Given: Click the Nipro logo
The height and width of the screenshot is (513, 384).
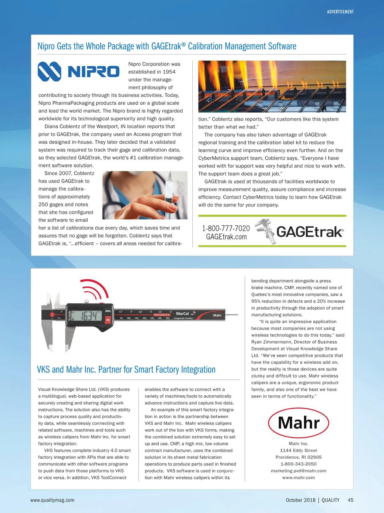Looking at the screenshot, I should pyautogui.click(x=78, y=71).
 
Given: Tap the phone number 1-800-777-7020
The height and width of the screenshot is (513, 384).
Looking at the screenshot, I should pyautogui.click(x=226, y=228).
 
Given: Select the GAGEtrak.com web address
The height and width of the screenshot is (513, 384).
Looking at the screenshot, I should pyautogui.click(x=226, y=237).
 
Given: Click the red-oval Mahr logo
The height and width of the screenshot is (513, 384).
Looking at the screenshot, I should pyautogui.click(x=298, y=423).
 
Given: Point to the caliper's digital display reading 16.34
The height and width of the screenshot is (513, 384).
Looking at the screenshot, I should pyautogui.click(x=88, y=316).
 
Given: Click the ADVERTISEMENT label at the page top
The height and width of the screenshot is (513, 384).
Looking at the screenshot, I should pyautogui.click(x=340, y=12).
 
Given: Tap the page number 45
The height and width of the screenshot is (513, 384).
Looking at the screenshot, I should pyautogui.click(x=350, y=500).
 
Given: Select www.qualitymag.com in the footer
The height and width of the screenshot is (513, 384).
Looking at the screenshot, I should pyautogui.click(x=52, y=500).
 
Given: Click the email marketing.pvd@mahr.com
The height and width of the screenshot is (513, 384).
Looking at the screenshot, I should pyautogui.click(x=298, y=471).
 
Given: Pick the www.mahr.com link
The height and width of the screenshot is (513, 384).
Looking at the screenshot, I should pyautogui.click(x=298, y=478).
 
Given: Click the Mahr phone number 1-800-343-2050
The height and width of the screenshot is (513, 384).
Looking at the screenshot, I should pyautogui.click(x=298, y=464).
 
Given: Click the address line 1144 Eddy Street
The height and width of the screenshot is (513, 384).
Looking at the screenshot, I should pyautogui.click(x=298, y=450).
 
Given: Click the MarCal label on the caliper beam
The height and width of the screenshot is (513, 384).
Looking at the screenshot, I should pyautogui.click(x=182, y=314).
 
